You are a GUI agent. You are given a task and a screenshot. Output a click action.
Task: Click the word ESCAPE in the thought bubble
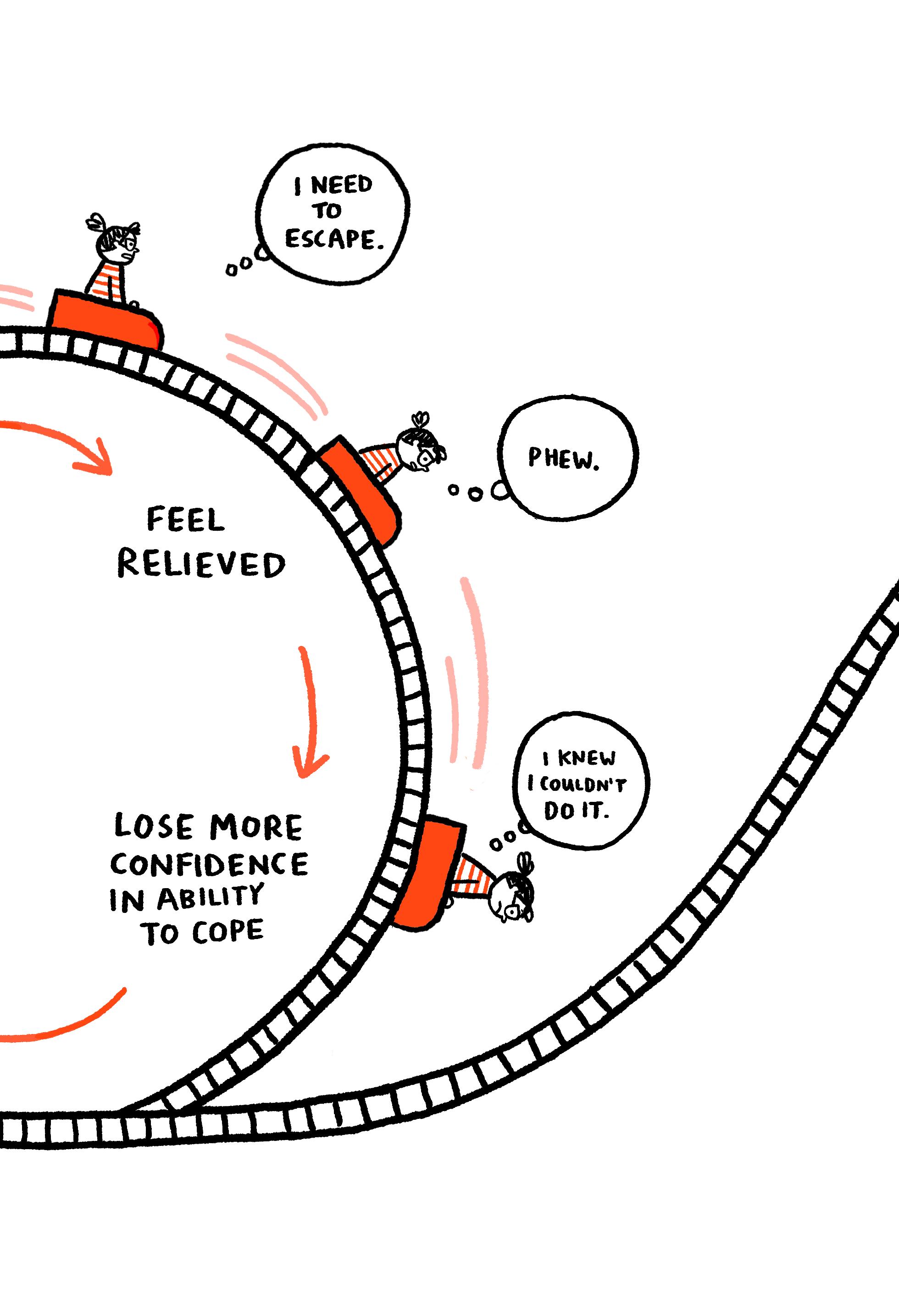[333, 239]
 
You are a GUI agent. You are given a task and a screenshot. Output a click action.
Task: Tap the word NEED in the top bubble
[341, 185]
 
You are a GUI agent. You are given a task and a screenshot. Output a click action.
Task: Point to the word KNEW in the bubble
[587, 759]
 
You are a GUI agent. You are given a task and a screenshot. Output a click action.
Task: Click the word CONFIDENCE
[209, 865]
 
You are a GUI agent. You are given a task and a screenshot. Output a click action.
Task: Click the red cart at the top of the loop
[106, 319]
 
